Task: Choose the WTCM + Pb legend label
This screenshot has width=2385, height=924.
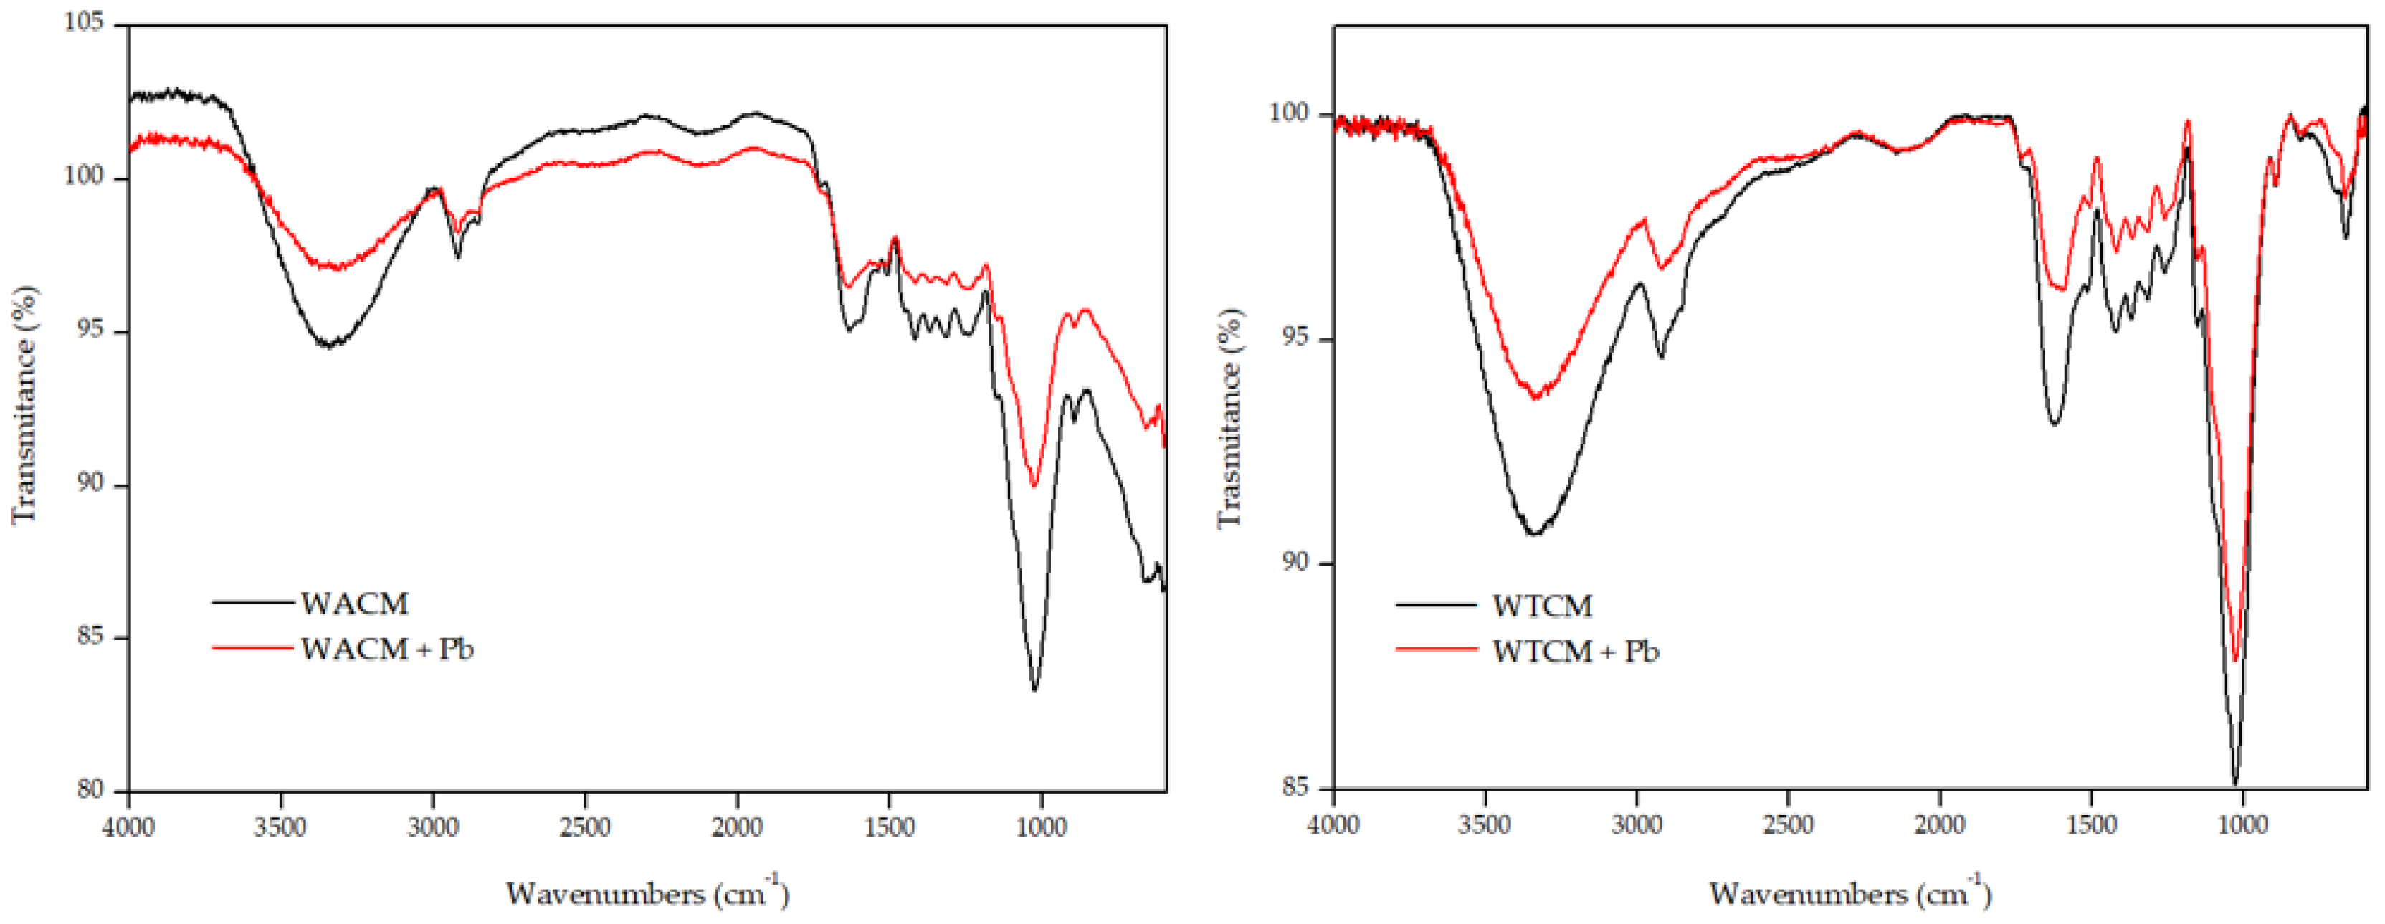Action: pyautogui.click(x=1575, y=652)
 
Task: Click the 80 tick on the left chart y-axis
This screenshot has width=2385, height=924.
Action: pyautogui.click(x=91, y=790)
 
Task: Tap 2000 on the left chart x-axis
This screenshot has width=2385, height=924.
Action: pyautogui.click(x=737, y=827)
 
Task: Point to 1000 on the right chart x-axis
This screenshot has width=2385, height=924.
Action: pyautogui.click(x=2242, y=824)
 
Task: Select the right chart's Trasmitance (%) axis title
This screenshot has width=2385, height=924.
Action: pyautogui.click(x=1229, y=419)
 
